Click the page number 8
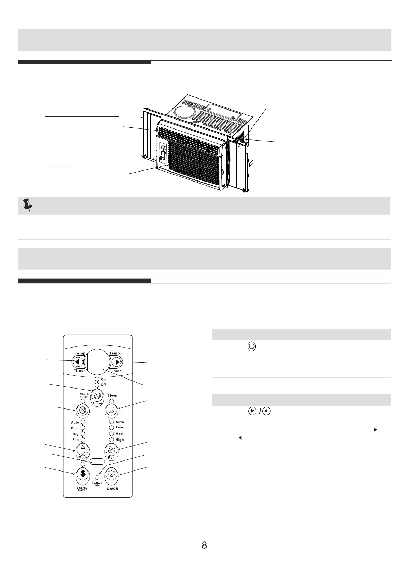[204, 545]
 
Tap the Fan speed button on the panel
[112, 449]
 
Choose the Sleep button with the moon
[112, 410]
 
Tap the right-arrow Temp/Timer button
[117, 362]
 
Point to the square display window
[97, 361]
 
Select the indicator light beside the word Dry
[83, 434]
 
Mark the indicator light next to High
[112, 440]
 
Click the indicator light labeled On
[97, 379]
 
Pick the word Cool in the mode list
[75, 428]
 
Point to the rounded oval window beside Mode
[97, 461]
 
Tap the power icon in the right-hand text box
[252, 346]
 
